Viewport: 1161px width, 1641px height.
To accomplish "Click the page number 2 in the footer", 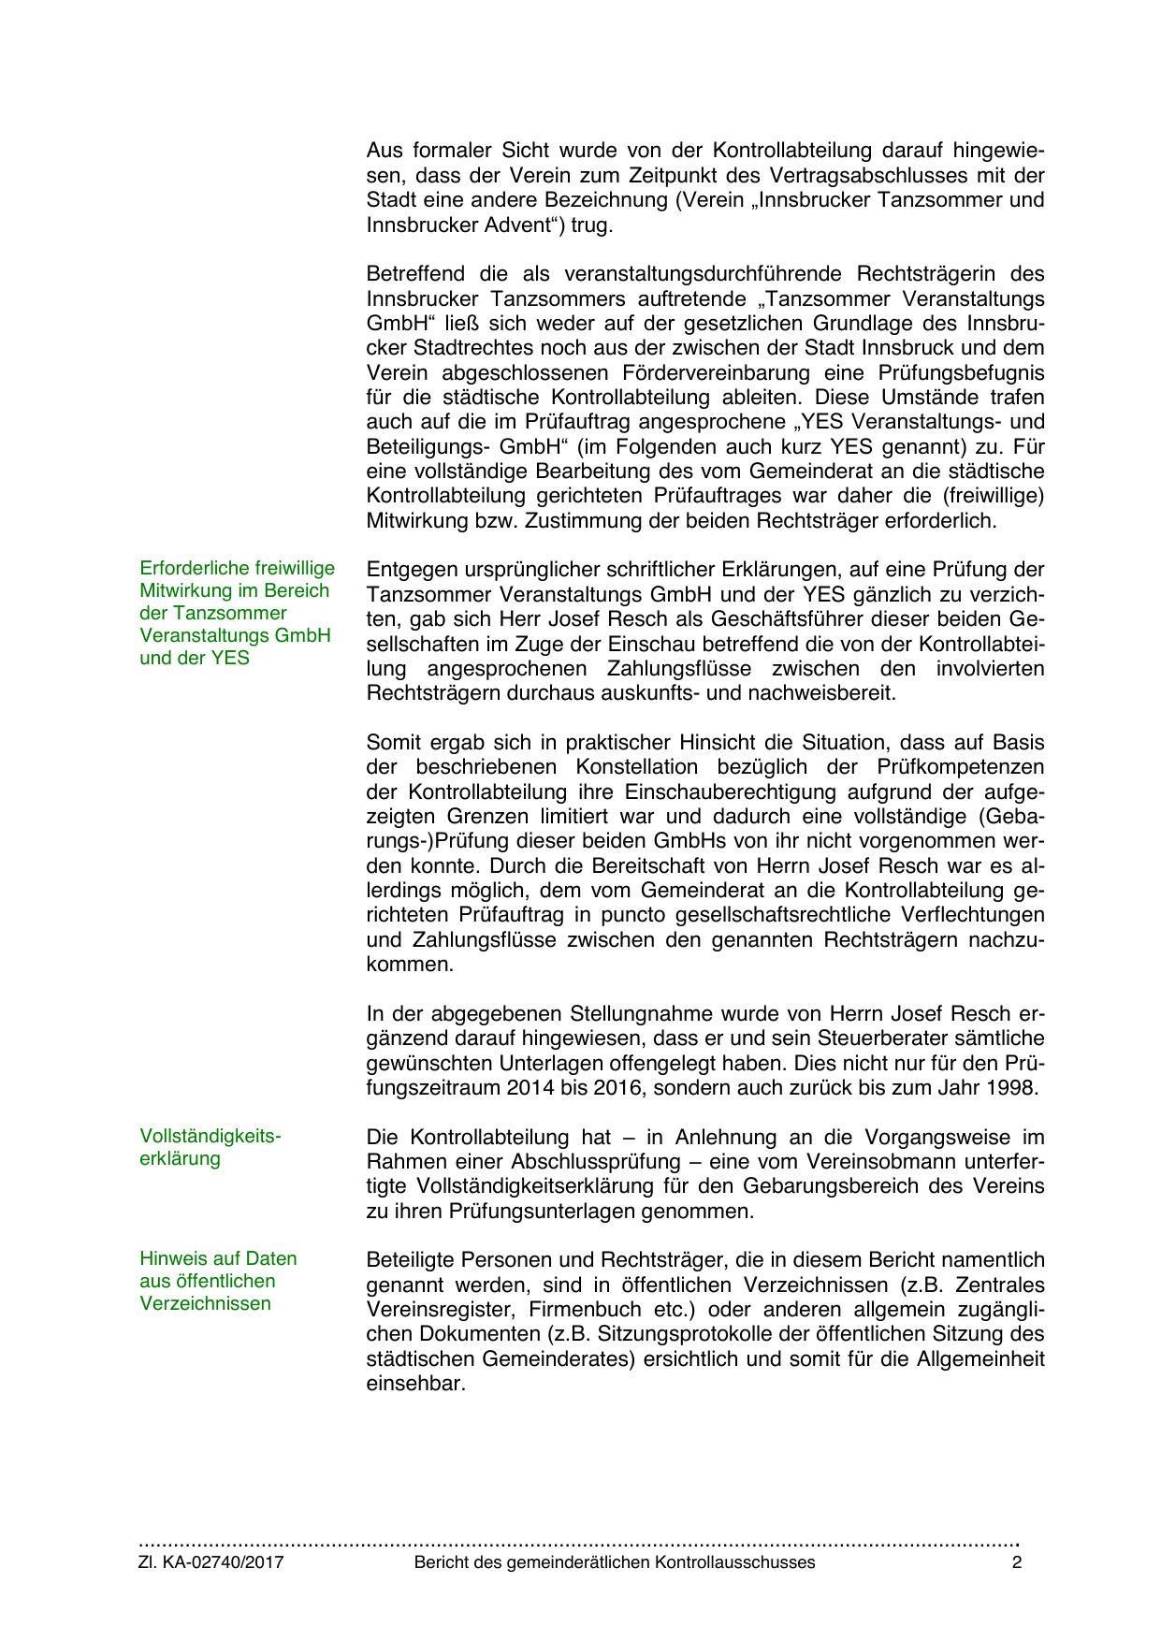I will [x=1017, y=1562].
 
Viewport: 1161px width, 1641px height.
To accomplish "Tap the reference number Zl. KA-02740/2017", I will [x=211, y=1562].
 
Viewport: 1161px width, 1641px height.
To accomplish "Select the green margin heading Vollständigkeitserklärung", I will [x=210, y=1147].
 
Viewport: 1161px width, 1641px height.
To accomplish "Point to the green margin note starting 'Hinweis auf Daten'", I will [x=218, y=1281].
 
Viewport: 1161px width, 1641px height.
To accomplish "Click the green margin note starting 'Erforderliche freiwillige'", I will [x=237, y=613].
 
